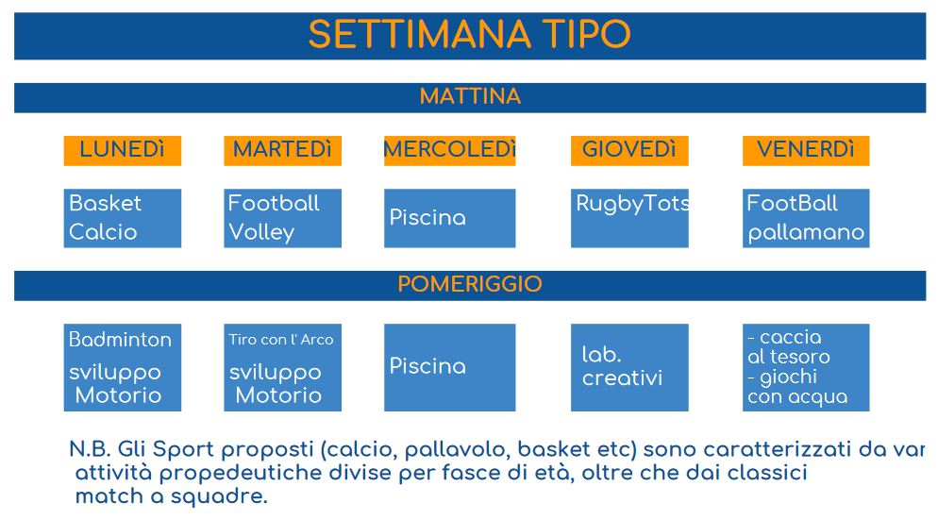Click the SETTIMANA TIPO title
(x=470, y=34)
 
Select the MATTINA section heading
(x=470, y=96)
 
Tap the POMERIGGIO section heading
(x=470, y=284)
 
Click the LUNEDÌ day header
(x=122, y=150)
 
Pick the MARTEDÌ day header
(x=282, y=150)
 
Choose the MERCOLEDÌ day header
(x=449, y=150)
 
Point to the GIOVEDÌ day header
(x=629, y=150)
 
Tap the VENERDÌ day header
(x=806, y=150)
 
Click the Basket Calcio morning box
(x=122, y=218)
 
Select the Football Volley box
(x=282, y=218)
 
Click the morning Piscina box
(x=449, y=218)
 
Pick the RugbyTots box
(x=629, y=218)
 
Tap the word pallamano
(x=807, y=233)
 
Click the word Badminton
(x=120, y=340)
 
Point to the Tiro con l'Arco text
(x=281, y=340)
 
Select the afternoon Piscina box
(x=449, y=367)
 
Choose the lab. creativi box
(x=629, y=367)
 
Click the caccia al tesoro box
(x=806, y=367)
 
